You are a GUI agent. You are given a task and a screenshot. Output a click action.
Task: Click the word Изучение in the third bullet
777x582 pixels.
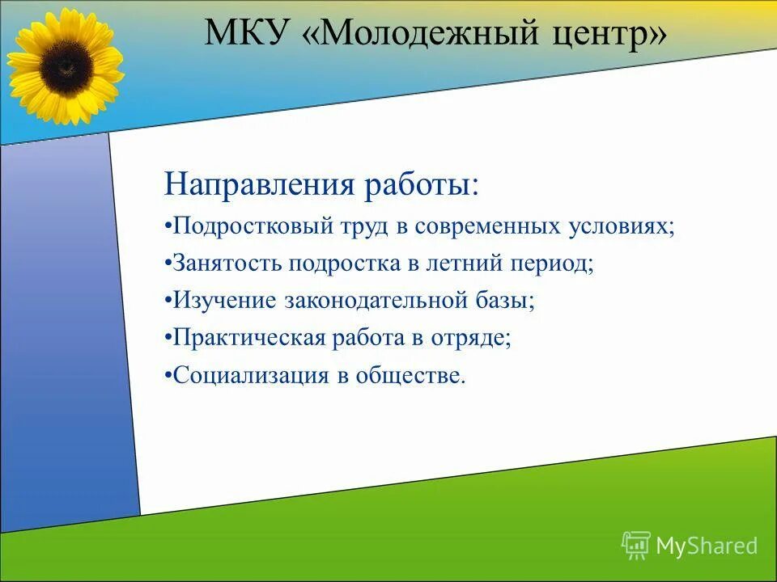[x=223, y=301]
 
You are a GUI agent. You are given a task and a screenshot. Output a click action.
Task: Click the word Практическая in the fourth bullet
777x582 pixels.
[x=246, y=338]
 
